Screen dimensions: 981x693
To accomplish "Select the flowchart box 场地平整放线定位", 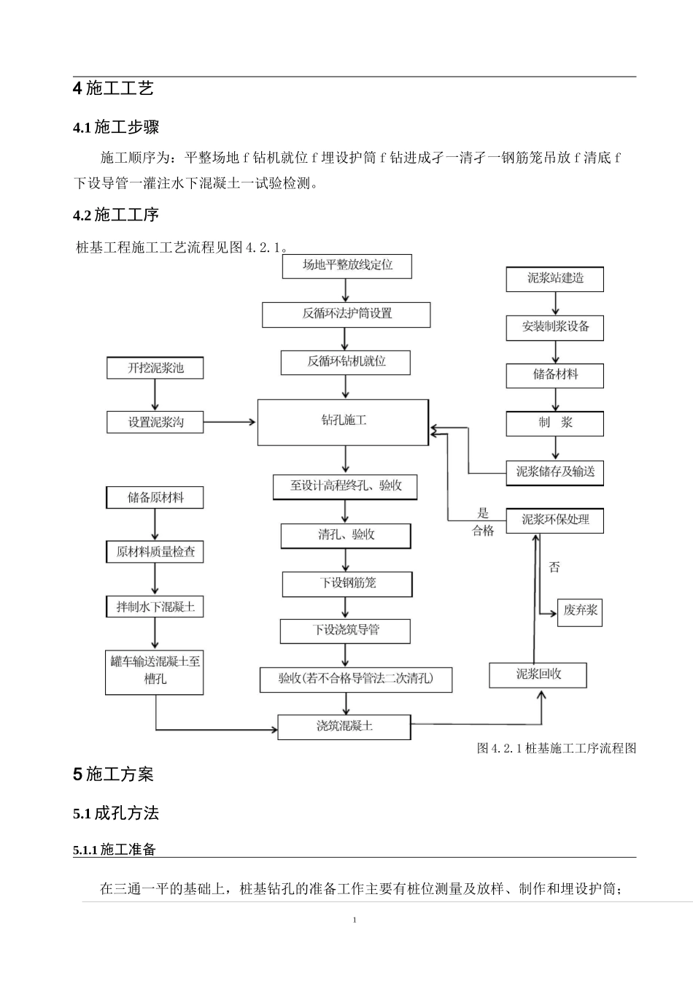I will pyautogui.click(x=347, y=266).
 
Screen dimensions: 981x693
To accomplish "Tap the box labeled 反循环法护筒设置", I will pyautogui.click(x=346, y=314).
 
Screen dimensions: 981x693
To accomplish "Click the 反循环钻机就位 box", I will pyautogui.click(x=346, y=362).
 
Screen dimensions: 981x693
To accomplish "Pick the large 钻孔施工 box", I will pyautogui.click(x=343, y=422).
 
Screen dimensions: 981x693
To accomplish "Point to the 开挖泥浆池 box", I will pyautogui.click(x=155, y=368).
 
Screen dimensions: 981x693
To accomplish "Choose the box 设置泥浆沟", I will pyautogui.click(x=155, y=422).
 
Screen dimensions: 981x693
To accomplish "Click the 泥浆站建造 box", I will pyautogui.click(x=555, y=279).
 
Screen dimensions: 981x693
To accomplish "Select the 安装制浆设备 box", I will pyautogui.click(x=555, y=327).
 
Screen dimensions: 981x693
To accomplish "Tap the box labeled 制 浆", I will pyautogui.click(x=555, y=423).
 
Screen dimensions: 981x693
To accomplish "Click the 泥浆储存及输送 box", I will pyautogui.click(x=555, y=472).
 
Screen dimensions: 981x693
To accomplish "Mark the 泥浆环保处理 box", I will pyautogui.click(x=555, y=520).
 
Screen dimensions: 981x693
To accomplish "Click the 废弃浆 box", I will pyautogui.click(x=581, y=611).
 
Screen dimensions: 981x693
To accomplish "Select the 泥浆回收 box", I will pyautogui.click(x=538, y=674).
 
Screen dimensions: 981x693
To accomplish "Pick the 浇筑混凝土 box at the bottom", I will pyautogui.click(x=344, y=726).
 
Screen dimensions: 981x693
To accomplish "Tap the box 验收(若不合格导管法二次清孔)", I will pyautogui.click(x=356, y=679).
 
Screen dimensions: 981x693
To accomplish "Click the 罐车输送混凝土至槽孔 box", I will pyautogui.click(x=155, y=670).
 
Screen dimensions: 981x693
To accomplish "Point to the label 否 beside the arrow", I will pyautogui.click(x=554, y=567).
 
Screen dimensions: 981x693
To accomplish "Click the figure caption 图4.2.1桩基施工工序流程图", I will pyautogui.click(x=556, y=748).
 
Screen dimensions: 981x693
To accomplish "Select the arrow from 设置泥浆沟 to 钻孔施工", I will pyautogui.click(x=230, y=422).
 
